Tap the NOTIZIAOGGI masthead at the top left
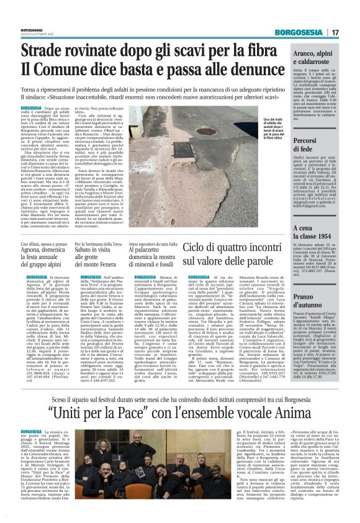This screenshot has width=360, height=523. coord(33,30)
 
